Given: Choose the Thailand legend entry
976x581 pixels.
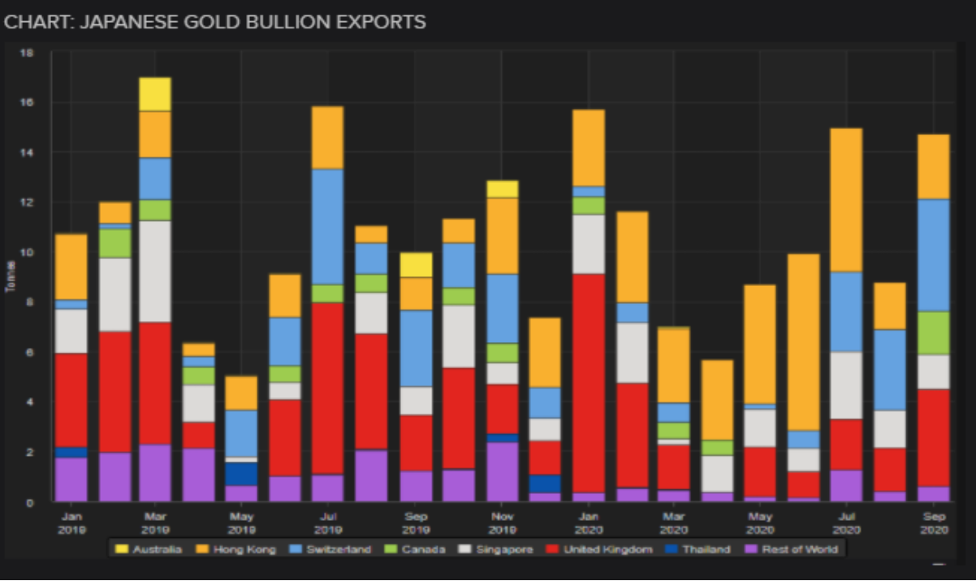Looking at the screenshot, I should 700,549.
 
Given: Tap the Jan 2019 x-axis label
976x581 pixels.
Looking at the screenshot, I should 71,522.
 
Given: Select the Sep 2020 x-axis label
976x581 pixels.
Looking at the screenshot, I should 934,522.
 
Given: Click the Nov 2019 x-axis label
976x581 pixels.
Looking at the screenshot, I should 502,522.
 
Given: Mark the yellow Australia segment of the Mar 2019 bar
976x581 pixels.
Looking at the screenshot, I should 155,94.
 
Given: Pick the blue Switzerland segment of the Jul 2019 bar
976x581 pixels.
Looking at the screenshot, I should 327,227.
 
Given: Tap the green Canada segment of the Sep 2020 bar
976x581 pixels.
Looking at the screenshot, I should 934,333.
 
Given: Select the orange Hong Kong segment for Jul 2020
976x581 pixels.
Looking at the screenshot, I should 847,200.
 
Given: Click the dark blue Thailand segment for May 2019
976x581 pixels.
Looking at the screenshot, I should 241,474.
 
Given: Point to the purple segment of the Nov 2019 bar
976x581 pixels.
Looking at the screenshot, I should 502,472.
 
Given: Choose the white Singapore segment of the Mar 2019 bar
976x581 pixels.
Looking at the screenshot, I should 155,271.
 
